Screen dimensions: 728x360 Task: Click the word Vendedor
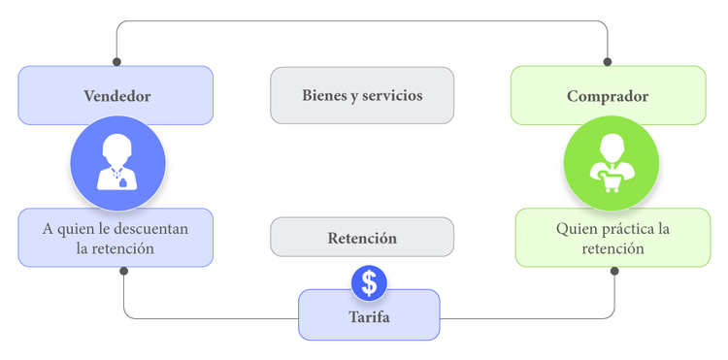click(x=116, y=96)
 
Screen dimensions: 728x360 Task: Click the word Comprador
click(x=608, y=96)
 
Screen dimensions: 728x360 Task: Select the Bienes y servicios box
click(x=362, y=95)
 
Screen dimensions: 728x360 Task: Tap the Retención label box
click(x=362, y=238)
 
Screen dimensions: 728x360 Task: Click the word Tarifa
click(x=369, y=317)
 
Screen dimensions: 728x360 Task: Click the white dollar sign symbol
click(x=369, y=282)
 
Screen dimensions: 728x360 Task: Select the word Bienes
click(x=323, y=96)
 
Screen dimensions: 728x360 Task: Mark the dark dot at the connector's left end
click(x=123, y=271)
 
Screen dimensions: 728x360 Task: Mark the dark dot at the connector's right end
click(x=614, y=271)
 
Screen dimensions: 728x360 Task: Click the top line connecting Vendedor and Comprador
click(x=362, y=21)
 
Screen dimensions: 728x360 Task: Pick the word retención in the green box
click(x=612, y=248)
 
